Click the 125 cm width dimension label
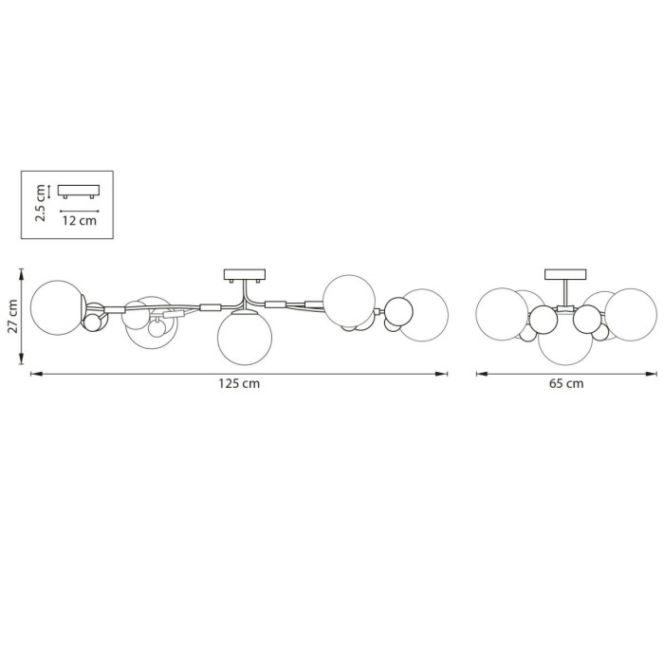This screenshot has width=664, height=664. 239,383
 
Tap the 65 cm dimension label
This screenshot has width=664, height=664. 566,383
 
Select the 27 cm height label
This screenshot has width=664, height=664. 12,316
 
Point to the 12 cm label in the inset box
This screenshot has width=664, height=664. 79,220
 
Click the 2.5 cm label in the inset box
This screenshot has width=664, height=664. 40,203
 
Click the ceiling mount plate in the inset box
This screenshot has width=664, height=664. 79,191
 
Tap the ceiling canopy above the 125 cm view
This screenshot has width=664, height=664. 245,275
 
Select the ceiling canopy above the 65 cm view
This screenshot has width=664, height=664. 565,274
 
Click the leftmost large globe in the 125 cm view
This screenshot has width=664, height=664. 58,307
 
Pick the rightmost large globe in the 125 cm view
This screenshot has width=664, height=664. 423,315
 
